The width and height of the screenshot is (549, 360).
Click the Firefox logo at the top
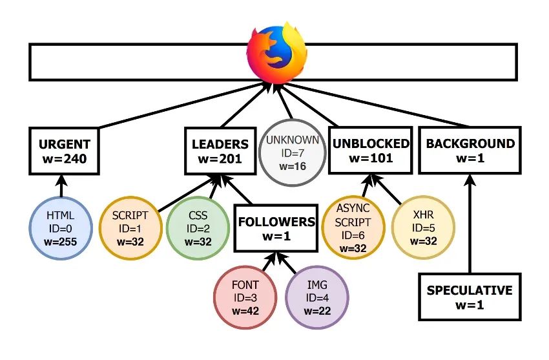tap(276, 52)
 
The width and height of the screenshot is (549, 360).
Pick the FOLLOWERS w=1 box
tap(276, 228)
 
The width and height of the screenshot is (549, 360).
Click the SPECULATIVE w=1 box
tap(469, 296)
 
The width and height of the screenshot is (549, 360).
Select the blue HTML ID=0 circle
tap(61, 228)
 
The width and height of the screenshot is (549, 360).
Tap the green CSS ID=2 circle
tap(198, 228)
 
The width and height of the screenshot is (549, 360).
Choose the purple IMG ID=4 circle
tap(316, 297)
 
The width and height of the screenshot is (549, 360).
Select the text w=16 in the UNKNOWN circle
tap(289, 166)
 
